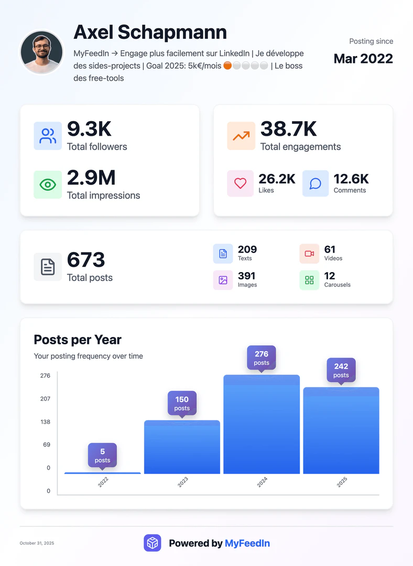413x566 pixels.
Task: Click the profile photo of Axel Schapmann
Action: pos(41,52)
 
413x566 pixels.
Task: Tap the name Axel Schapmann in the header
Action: pos(150,32)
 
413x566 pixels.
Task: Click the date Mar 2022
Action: pos(363,58)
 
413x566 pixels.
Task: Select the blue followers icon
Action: pos(48,136)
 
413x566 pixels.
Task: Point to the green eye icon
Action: pos(48,184)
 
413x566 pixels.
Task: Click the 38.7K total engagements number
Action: pos(288,128)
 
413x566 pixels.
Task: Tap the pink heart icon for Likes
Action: pos(240,183)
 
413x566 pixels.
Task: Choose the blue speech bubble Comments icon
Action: pos(316,183)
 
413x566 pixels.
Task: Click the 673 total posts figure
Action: pos(86,260)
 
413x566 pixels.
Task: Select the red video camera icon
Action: pos(309,254)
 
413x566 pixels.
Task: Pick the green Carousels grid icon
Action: pos(309,280)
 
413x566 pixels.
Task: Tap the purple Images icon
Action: pos(223,280)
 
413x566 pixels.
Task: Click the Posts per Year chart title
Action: pos(78,340)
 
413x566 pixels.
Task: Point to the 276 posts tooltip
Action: pos(261,358)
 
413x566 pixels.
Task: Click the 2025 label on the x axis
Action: pos(342,482)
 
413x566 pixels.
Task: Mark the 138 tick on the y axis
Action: pos(45,422)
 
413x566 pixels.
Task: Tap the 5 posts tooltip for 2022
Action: pos(102,455)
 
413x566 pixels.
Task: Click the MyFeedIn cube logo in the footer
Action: pos(153,543)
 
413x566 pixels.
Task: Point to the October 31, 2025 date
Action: pos(37,543)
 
